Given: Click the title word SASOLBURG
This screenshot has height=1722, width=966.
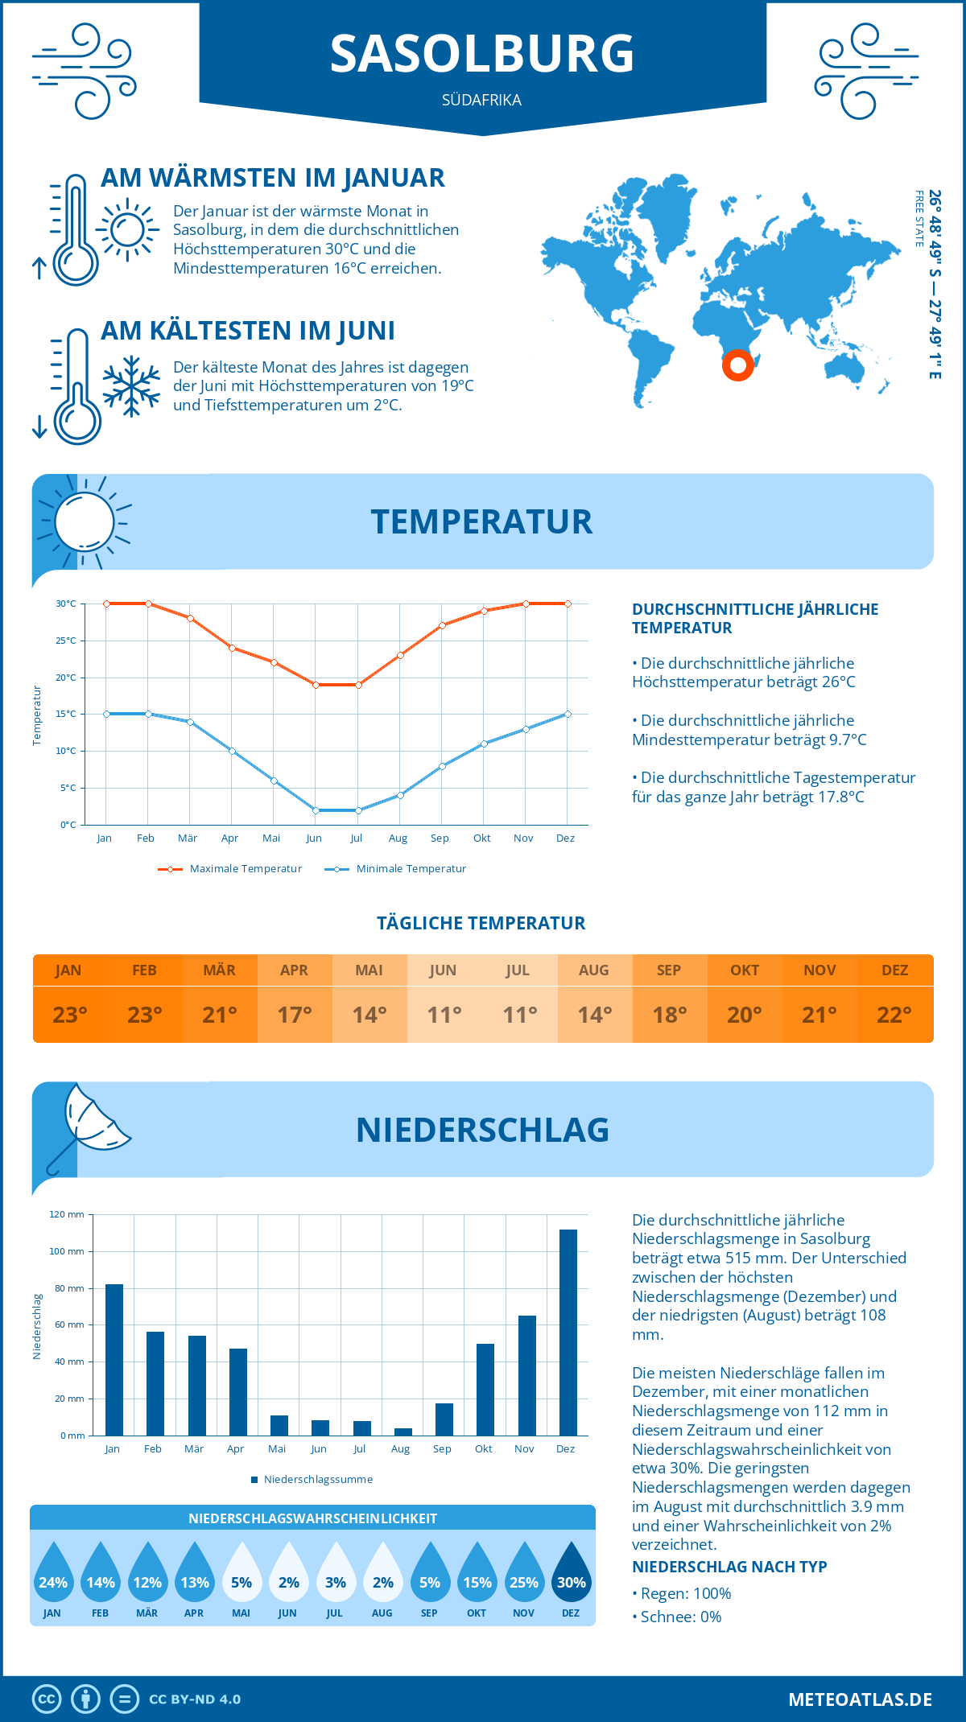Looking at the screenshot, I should click(x=482, y=54).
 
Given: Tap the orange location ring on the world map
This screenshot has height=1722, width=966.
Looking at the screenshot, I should click(x=737, y=365).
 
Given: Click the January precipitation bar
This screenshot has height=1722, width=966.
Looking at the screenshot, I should click(x=114, y=1360).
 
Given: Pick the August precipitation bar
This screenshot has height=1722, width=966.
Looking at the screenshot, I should click(x=403, y=1432).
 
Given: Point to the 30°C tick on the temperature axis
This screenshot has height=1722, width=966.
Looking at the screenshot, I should click(x=66, y=604).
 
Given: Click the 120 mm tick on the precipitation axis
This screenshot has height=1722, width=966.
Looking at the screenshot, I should click(x=67, y=1214).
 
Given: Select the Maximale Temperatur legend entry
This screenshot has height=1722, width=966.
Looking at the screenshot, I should click(x=230, y=869).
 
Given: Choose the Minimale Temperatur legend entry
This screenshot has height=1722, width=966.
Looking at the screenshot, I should click(x=395, y=869).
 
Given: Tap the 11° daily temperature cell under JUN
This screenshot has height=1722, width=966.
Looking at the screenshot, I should click(x=444, y=1015).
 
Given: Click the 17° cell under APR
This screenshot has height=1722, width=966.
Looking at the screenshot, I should click(x=295, y=1015).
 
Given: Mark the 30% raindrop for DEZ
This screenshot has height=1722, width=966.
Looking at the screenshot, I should click(x=571, y=1575).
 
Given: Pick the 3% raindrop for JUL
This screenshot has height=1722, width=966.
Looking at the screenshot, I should click(x=336, y=1575).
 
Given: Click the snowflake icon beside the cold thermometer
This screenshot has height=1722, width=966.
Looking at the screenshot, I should click(x=131, y=386).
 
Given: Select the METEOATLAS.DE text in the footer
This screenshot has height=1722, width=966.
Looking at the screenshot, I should click(x=860, y=1699).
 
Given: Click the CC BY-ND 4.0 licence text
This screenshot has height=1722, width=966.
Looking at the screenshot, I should click(x=195, y=1699).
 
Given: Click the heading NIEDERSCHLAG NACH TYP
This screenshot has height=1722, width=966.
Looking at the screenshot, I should click(x=729, y=1567).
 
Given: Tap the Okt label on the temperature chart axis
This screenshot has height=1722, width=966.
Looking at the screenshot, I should click(x=481, y=838).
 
